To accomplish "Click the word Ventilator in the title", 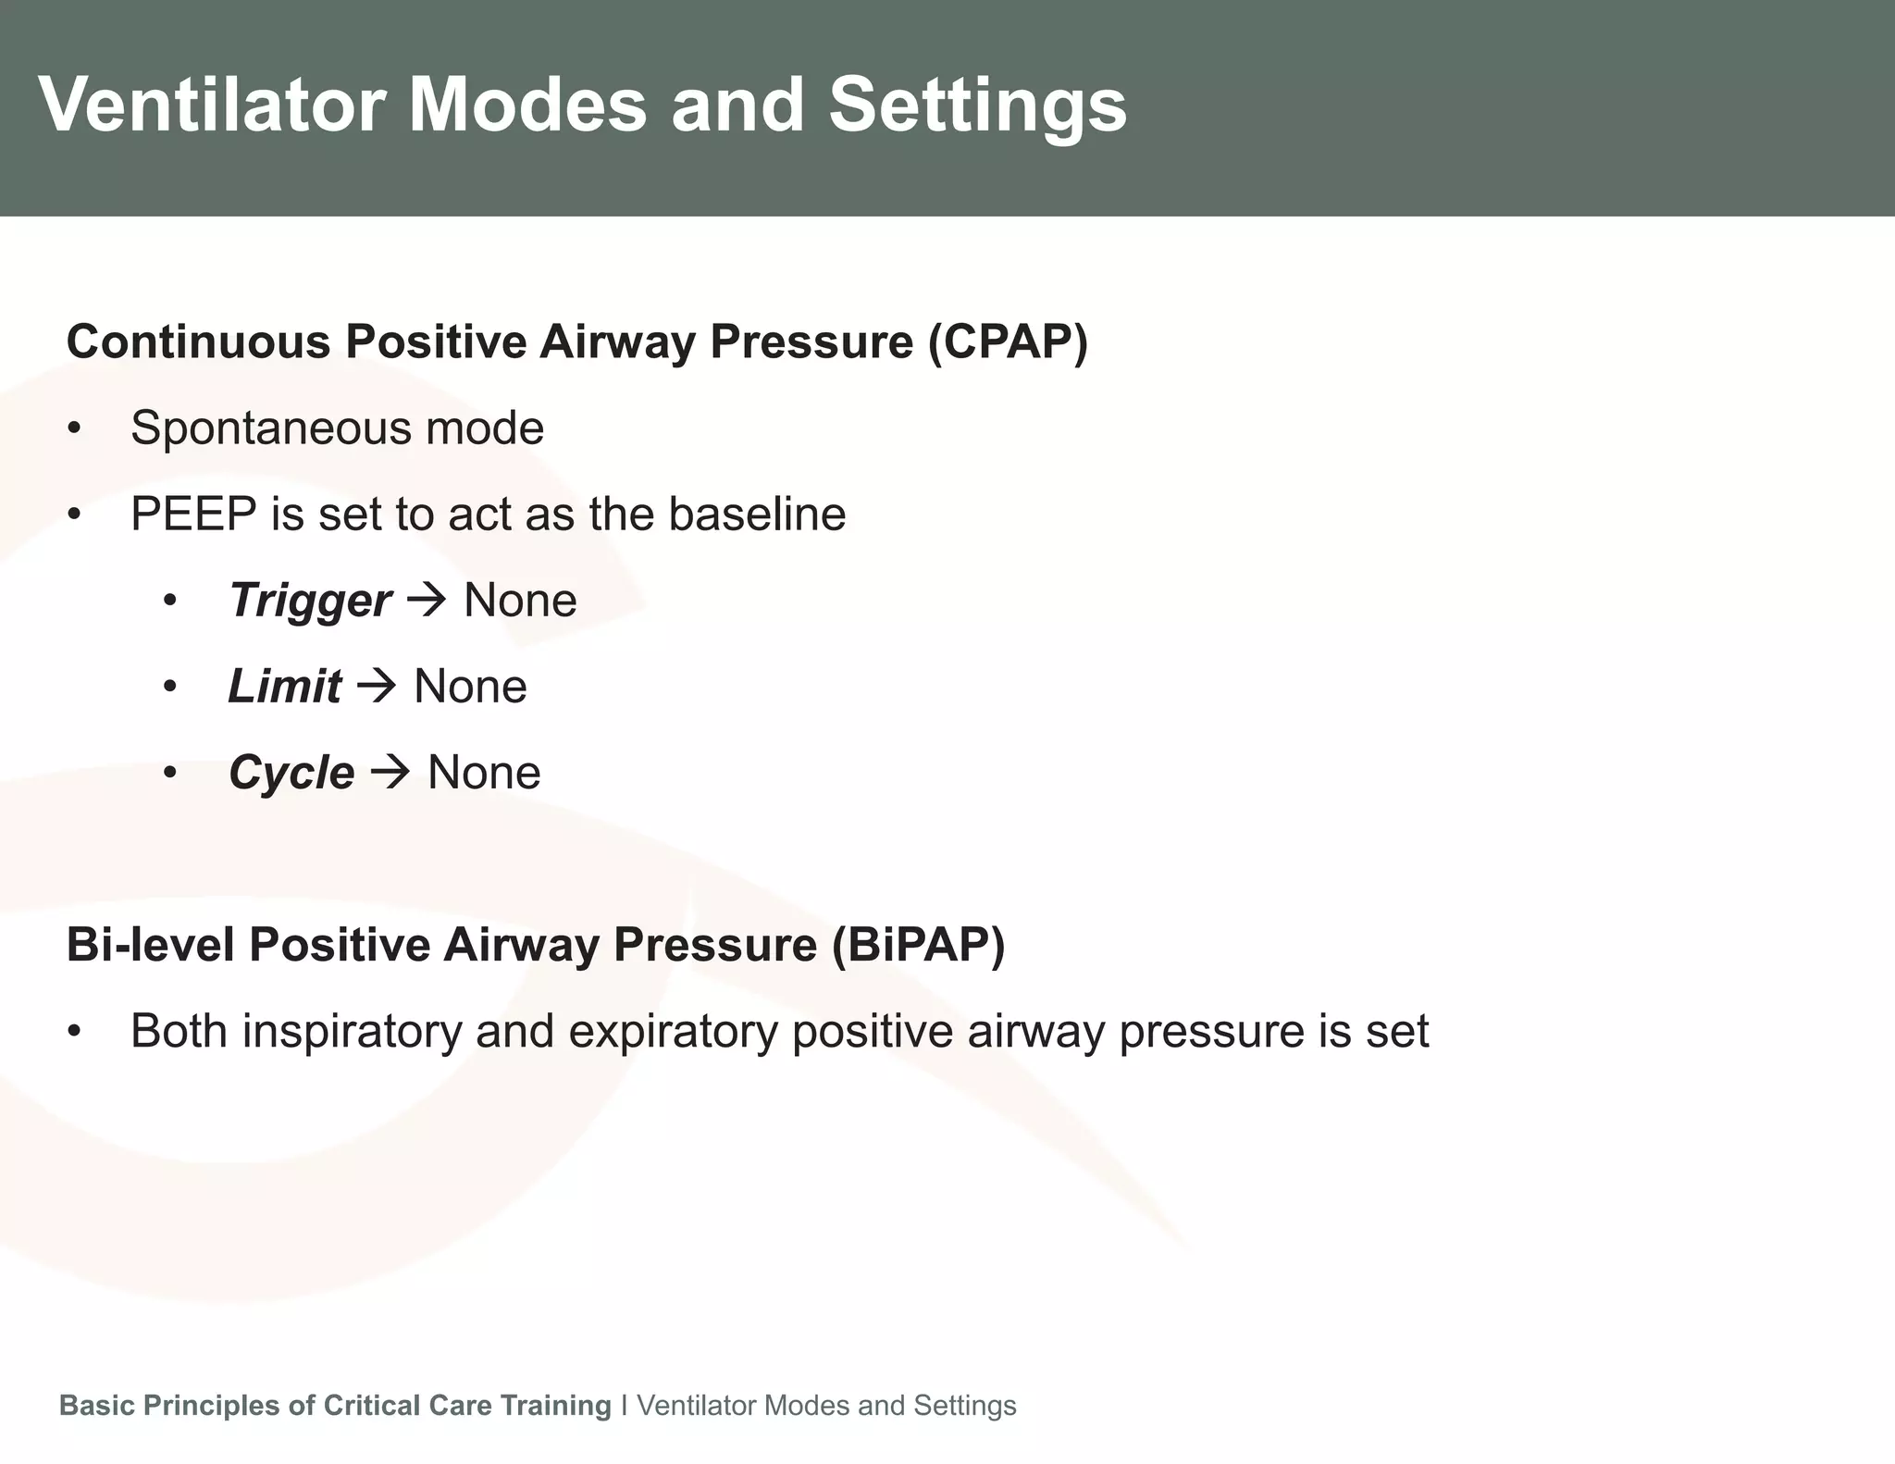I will tap(211, 105).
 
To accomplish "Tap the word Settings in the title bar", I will tap(977, 105).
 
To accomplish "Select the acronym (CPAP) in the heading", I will tap(1009, 341).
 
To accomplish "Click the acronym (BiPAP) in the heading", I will tap(918, 945).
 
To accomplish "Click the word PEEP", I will tap(192, 515).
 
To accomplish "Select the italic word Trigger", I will tap(310, 602).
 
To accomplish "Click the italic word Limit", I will tap(284, 687).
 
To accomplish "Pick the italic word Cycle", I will tap(291, 773).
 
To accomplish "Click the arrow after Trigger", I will tap(427, 601).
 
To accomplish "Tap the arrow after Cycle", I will tap(390, 772).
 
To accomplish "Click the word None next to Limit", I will tap(470, 687).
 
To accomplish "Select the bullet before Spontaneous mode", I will tap(75, 429).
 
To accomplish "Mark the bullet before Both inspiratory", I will tap(75, 1032).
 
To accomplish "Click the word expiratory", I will tap(673, 1032).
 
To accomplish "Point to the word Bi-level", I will tap(149, 945).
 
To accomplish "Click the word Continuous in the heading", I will tap(198, 341).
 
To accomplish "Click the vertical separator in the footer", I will tap(625, 1405).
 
